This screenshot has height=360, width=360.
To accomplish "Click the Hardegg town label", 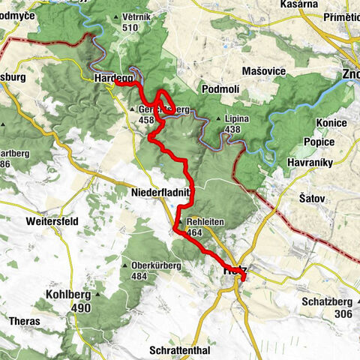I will (112, 77).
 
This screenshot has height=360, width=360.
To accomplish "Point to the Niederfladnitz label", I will (163, 193).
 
